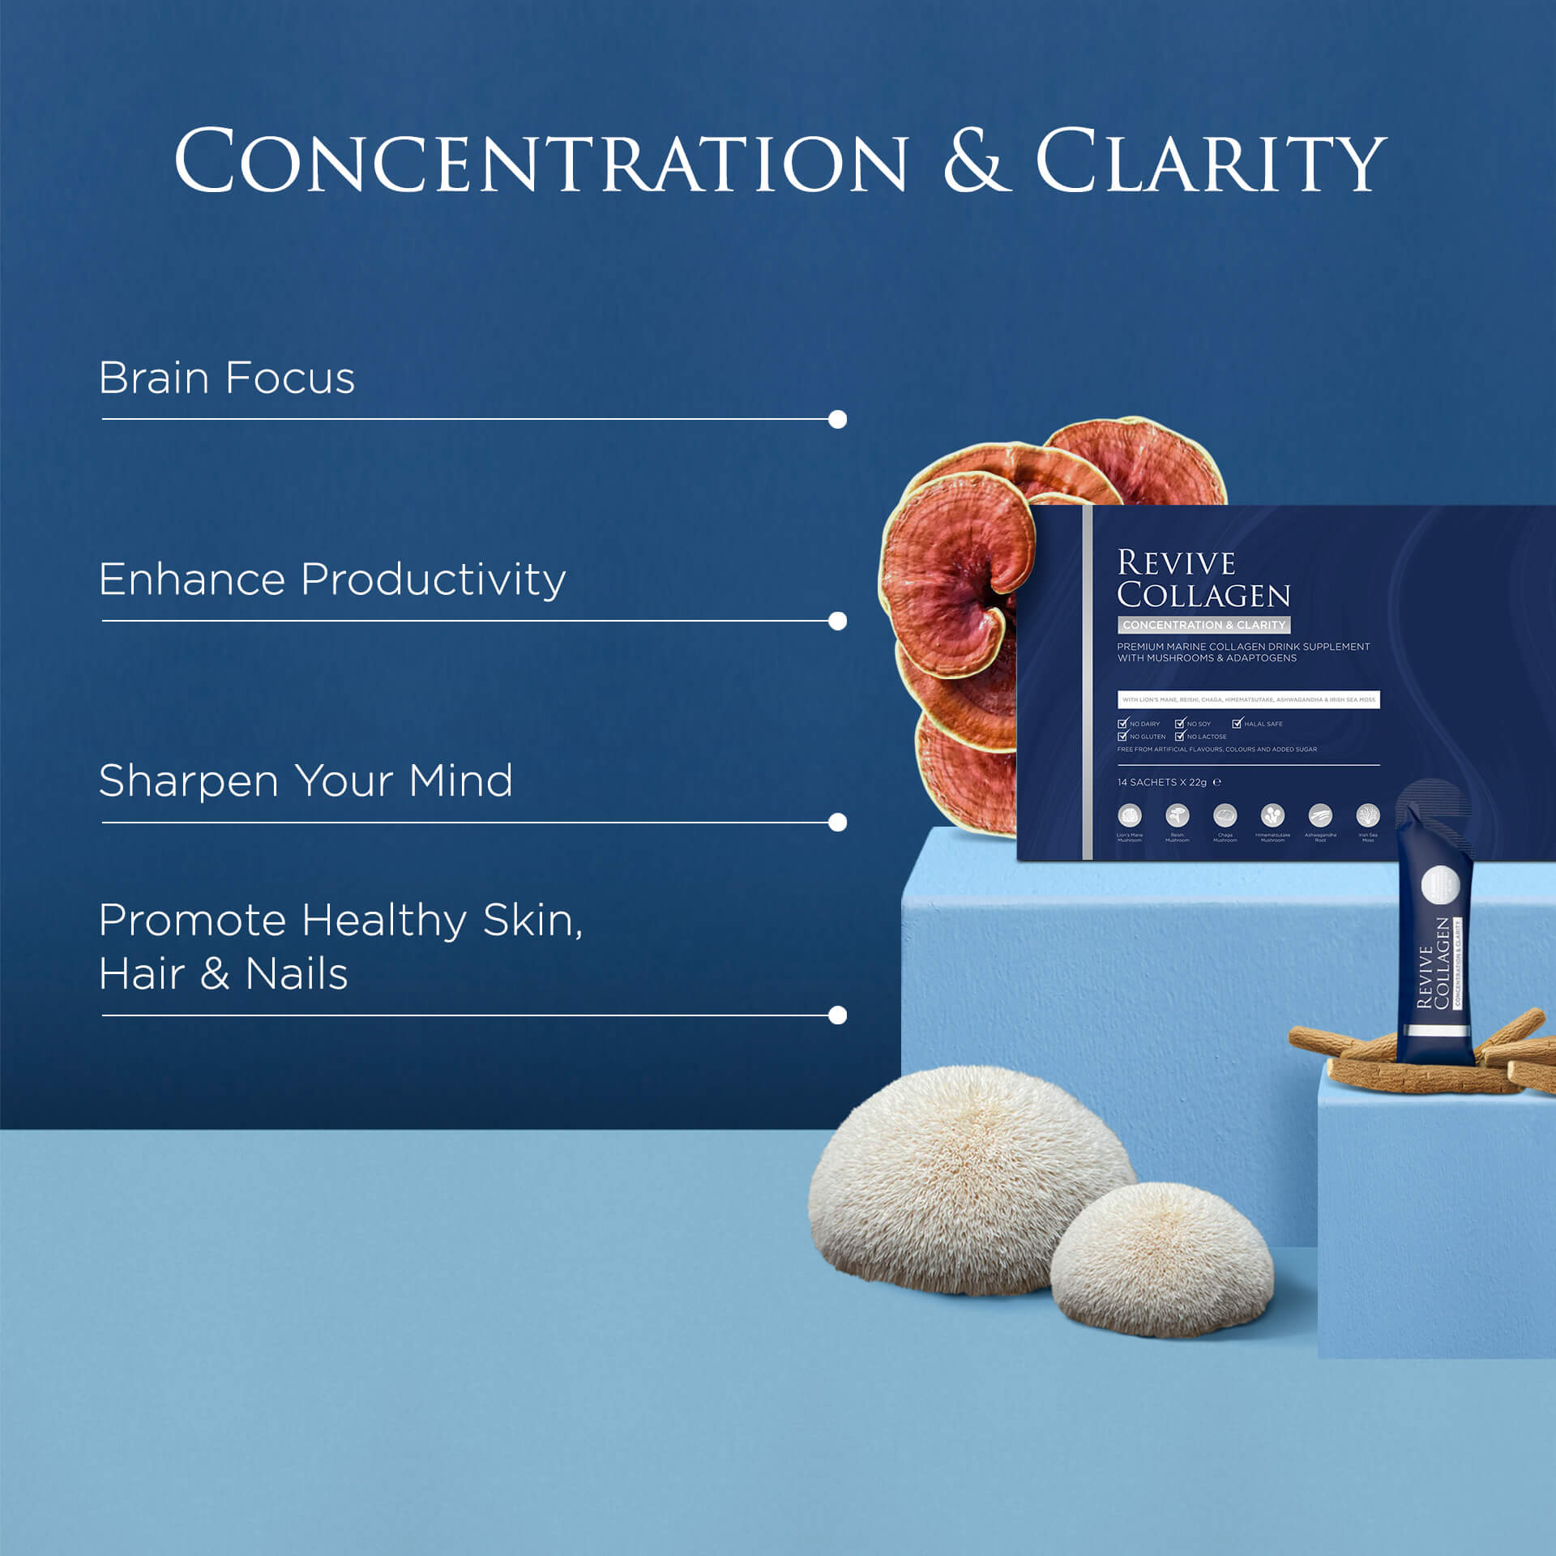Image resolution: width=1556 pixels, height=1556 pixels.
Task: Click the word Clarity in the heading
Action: coord(1211,161)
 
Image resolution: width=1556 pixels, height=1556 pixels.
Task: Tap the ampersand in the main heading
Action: coord(977,161)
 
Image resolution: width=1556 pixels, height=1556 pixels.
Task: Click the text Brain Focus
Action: coord(227,378)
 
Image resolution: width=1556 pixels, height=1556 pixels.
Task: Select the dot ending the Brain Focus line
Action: coord(838,419)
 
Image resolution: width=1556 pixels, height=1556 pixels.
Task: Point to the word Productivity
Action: coord(433,580)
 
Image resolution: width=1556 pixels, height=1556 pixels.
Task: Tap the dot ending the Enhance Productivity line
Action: coord(838,621)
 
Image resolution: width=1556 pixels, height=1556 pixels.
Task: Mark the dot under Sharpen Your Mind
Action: coord(838,823)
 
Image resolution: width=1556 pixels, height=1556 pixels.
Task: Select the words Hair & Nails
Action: coord(223,973)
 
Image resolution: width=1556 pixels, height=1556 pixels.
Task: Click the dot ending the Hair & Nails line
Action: coord(838,1015)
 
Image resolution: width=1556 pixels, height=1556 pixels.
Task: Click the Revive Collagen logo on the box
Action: coord(1203,579)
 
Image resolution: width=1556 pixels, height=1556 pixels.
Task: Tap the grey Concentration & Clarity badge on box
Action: coord(1203,625)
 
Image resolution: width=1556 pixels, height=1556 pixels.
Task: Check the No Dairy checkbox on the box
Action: coord(1122,723)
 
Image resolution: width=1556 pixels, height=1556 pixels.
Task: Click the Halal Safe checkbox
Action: coord(1237,723)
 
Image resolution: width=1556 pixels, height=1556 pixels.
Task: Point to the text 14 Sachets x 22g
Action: coord(1161,782)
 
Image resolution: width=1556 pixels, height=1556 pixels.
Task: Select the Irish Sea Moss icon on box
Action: coord(1368,814)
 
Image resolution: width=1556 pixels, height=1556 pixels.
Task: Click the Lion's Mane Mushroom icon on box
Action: coord(1129,814)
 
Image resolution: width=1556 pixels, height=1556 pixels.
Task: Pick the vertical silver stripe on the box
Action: coord(1088,682)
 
